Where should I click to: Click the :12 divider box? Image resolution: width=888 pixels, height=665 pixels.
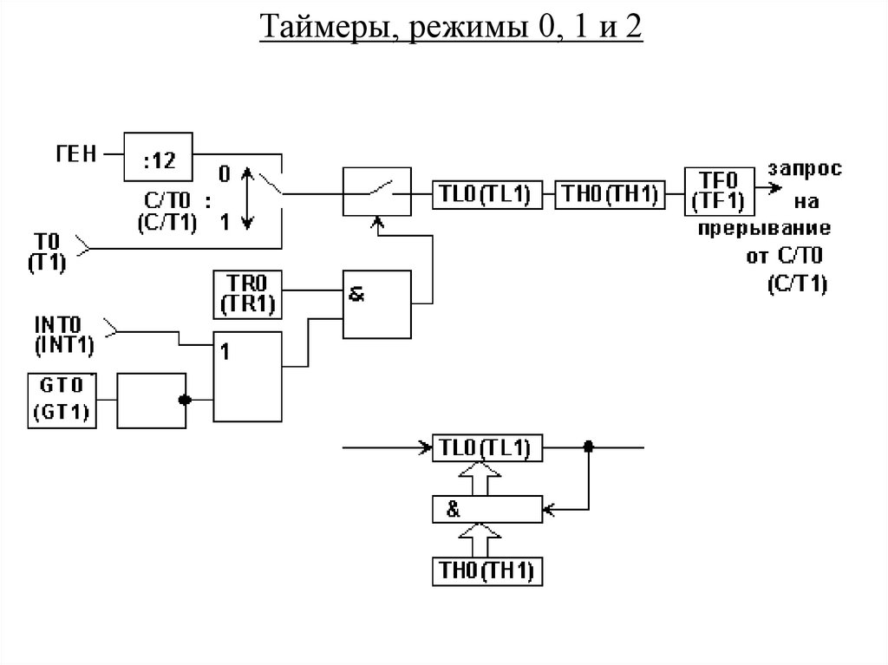click(x=157, y=157)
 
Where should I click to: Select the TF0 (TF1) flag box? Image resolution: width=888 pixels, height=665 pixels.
click(x=719, y=192)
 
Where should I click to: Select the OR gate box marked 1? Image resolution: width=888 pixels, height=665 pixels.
click(x=248, y=375)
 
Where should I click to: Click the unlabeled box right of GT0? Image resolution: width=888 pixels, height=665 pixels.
click(x=152, y=400)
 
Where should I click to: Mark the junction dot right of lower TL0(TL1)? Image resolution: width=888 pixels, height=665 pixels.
click(x=588, y=447)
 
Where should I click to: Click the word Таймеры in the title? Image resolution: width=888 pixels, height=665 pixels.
click(x=323, y=30)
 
